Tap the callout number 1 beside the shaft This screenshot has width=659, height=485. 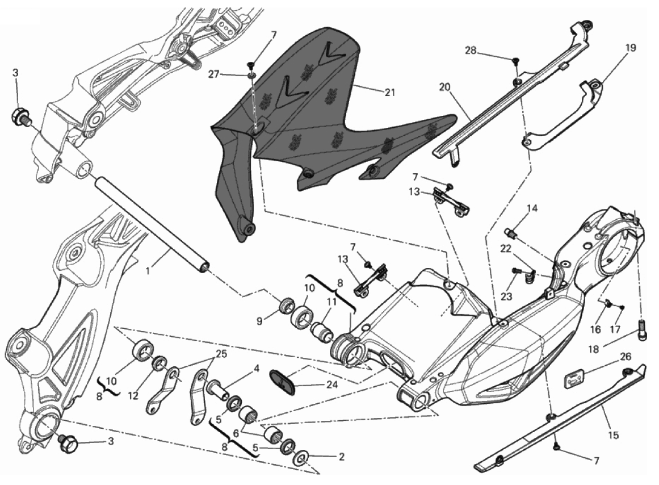(148, 271)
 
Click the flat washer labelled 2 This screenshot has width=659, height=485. (300, 456)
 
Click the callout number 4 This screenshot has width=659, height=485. (257, 368)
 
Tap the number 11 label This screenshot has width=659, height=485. (331, 302)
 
